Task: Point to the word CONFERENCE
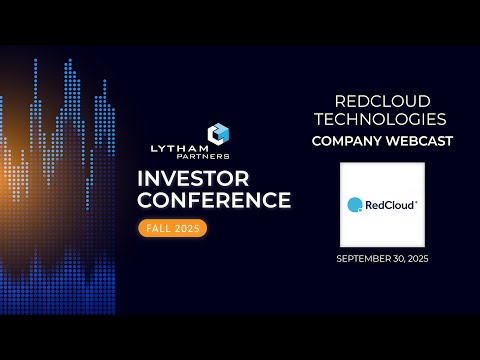(214, 200)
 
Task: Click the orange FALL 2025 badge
(172, 228)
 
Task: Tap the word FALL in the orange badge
(159, 228)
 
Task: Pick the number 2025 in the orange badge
(186, 228)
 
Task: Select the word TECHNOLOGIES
(382, 119)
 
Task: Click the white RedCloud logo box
(382, 204)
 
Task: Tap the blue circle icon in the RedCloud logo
(354, 205)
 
